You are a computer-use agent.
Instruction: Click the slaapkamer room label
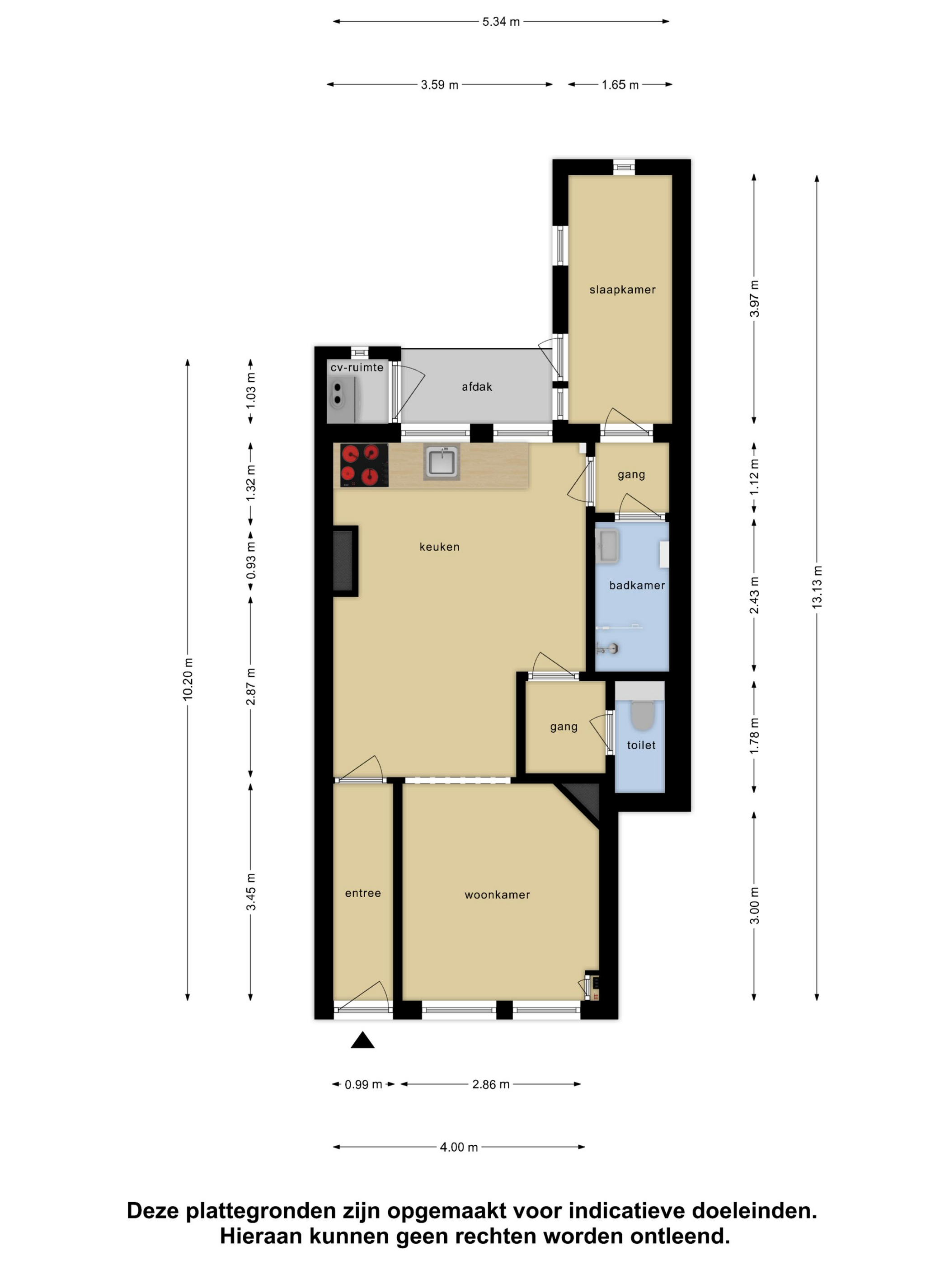tap(622, 290)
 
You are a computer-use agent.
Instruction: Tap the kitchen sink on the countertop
tap(442, 462)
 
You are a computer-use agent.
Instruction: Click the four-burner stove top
tap(364, 465)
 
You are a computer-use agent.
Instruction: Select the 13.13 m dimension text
tap(817, 587)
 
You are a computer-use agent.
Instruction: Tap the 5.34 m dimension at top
tap(501, 22)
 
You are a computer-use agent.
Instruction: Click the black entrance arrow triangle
tap(363, 1040)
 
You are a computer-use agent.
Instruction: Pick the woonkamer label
tap(497, 895)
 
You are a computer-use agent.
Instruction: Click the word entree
tap(363, 893)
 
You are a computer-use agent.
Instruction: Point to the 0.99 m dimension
tap(363, 1084)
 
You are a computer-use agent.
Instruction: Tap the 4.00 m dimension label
tap(459, 1147)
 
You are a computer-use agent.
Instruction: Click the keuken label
tap(439, 547)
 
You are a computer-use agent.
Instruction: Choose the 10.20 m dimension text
tap(188, 679)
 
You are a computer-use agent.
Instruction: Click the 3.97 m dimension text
tap(755, 299)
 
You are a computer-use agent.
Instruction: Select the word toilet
tap(641, 745)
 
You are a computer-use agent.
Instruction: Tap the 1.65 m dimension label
tap(620, 84)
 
